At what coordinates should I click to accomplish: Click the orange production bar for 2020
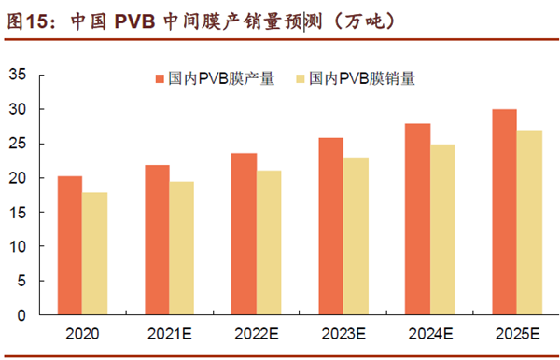pyautogui.click(x=70, y=244)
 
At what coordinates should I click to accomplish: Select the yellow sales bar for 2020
pyautogui.click(x=94, y=253)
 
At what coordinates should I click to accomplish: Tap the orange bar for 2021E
pyautogui.click(x=157, y=240)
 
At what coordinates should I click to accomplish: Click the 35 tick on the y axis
pyautogui.click(x=18, y=76)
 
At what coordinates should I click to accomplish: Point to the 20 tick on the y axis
pyautogui.click(x=18, y=178)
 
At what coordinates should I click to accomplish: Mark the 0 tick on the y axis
pyautogui.click(x=21, y=315)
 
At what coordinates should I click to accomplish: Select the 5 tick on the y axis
pyautogui.click(x=21, y=281)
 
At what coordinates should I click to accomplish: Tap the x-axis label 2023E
pyautogui.click(x=343, y=332)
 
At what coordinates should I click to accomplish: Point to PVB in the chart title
pyautogui.click(x=136, y=19)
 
